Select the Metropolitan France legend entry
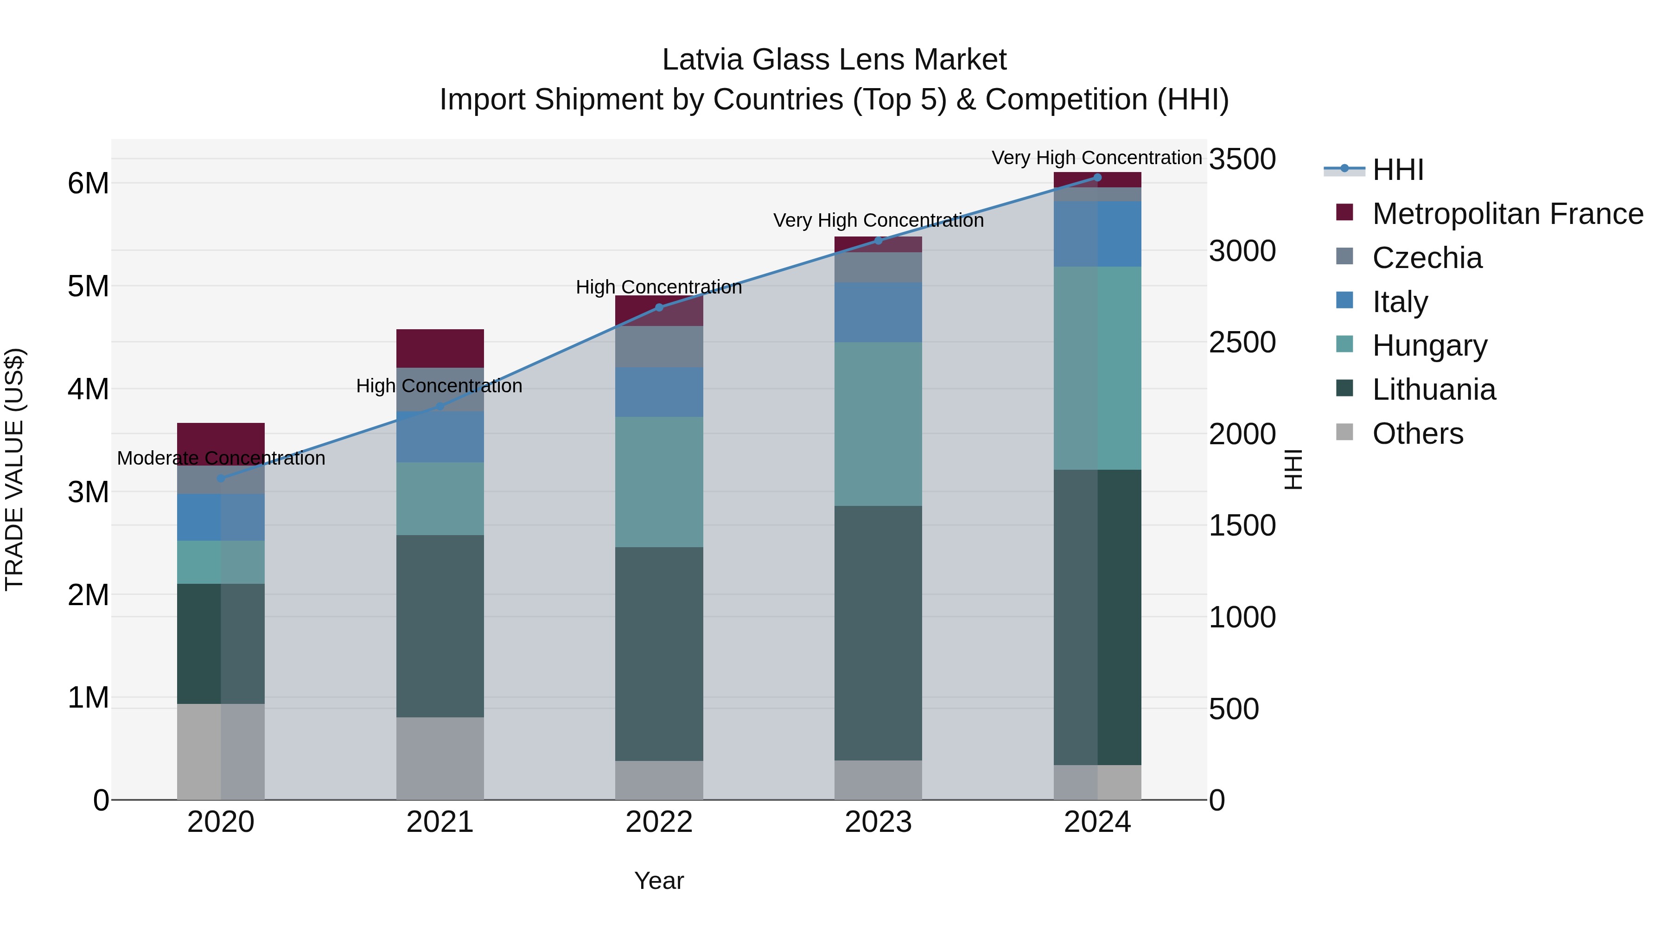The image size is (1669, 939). [x=1507, y=214]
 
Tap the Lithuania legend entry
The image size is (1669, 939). [x=1434, y=390]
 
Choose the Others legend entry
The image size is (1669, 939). [x=1418, y=434]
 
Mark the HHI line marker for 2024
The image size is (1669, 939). [x=1097, y=178]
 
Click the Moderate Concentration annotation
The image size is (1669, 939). [x=221, y=458]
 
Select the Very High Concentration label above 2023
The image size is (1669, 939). [x=878, y=220]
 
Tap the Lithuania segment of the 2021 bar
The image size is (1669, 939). [x=440, y=626]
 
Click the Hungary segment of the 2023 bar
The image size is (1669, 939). [x=878, y=424]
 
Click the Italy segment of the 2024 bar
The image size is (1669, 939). [x=1097, y=234]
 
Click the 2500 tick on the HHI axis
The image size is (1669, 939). [x=1242, y=342]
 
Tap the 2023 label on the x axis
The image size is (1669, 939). [x=878, y=822]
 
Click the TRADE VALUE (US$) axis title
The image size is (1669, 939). [x=14, y=469]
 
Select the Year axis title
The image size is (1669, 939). [x=659, y=881]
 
